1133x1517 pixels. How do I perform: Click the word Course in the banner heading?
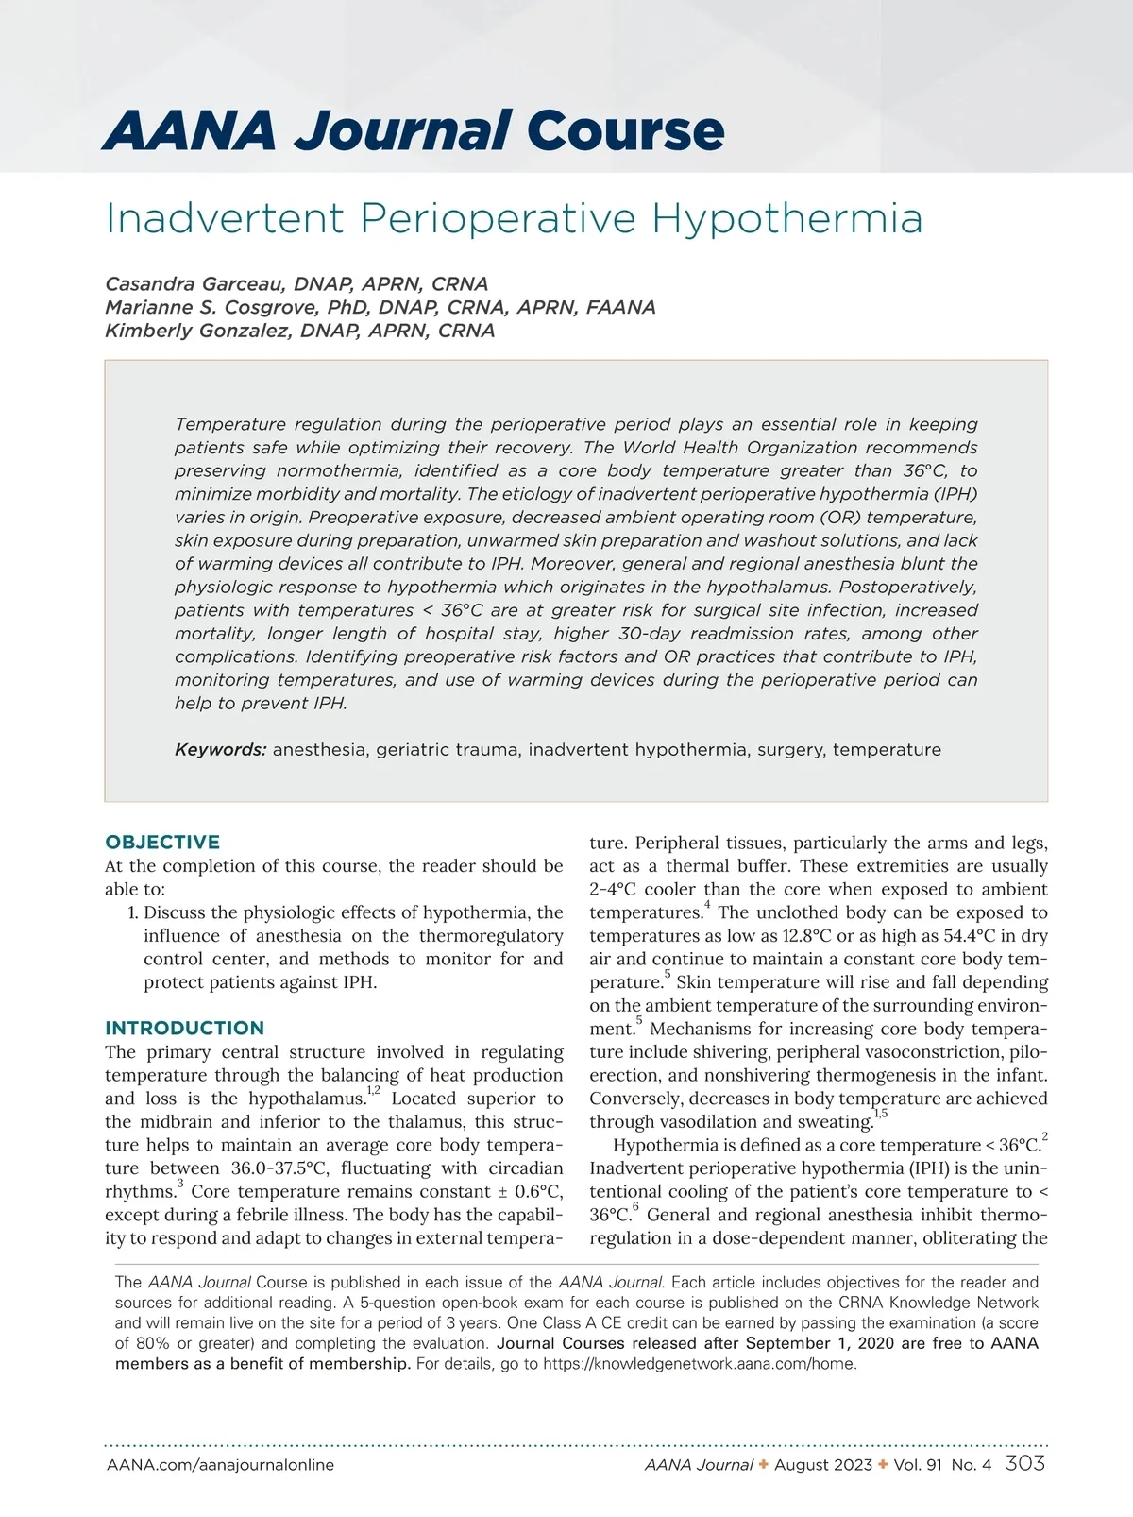pos(625,130)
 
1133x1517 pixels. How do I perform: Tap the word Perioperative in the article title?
pos(498,219)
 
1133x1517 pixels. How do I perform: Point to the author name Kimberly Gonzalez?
pos(198,331)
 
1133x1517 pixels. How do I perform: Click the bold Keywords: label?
pos(221,750)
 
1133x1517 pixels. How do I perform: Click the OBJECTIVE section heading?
pos(162,842)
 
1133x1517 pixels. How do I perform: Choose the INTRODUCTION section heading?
pos(185,1028)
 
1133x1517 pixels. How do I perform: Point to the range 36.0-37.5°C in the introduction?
pos(279,1168)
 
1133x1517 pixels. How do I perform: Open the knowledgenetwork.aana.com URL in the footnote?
pos(700,1364)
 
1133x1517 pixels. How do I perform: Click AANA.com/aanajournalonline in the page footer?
pos(220,1465)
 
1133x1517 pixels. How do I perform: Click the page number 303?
pos(1025,1464)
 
